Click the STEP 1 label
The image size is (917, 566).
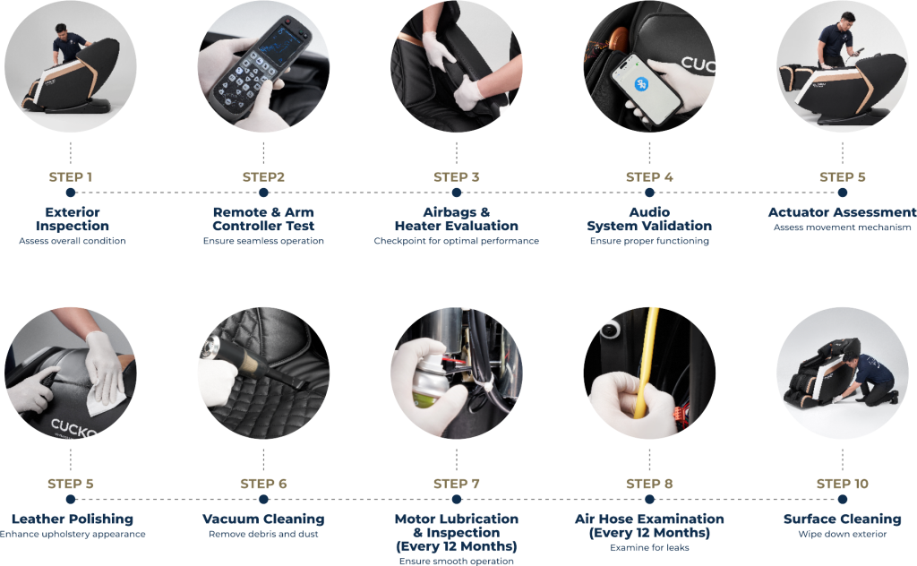[x=71, y=177]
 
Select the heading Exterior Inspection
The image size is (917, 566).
[x=73, y=219]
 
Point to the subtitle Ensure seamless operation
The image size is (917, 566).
[x=263, y=241]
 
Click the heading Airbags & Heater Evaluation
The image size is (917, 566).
[x=457, y=219]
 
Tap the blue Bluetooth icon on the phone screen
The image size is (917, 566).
[x=641, y=84]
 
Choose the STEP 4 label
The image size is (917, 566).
[x=650, y=177]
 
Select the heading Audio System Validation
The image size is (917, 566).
[x=650, y=219]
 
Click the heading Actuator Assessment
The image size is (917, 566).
[x=842, y=212]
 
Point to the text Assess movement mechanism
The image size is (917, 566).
[x=842, y=227]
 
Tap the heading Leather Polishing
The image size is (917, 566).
[x=73, y=519]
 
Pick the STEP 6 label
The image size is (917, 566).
[x=264, y=484]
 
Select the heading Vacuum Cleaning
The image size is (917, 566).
[x=264, y=519]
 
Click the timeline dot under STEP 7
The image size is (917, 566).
[x=457, y=500]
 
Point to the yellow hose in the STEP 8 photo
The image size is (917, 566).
[x=646, y=363]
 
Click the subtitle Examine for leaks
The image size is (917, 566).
[x=650, y=548]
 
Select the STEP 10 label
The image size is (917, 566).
[x=843, y=484]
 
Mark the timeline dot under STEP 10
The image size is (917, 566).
[x=843, y=500]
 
